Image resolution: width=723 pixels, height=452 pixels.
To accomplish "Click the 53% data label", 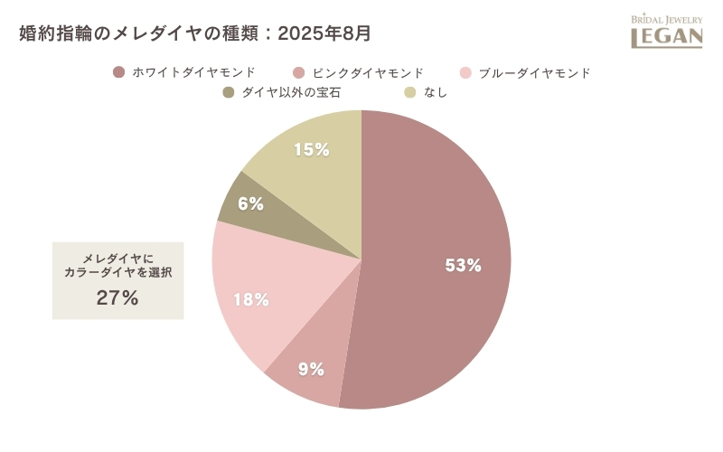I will (x=463, y=266).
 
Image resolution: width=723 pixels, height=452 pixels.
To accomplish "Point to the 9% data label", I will (x=312, y=369).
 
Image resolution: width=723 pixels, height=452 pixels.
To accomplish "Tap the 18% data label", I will (x=251, y=300).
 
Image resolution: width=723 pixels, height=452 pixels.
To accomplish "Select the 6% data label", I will (x=250, y=204).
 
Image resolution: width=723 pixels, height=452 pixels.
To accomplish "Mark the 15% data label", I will (x=311, y=150).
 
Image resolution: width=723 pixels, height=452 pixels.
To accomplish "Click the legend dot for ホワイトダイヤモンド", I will (x=117, y=72).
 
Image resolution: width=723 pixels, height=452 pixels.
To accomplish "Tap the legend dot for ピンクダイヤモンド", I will (x=298, y=72).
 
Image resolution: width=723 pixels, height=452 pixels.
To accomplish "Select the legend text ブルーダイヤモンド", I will (x=535, y=72).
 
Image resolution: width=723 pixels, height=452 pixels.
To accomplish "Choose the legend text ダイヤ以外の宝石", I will (x=290, y=92).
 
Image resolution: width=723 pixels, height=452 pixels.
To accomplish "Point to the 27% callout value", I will (x=117, y=298).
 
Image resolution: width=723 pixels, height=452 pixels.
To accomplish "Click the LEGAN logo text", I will (x=666, y=37).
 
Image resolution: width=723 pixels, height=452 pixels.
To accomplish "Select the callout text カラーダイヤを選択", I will (x=117, y=272).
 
